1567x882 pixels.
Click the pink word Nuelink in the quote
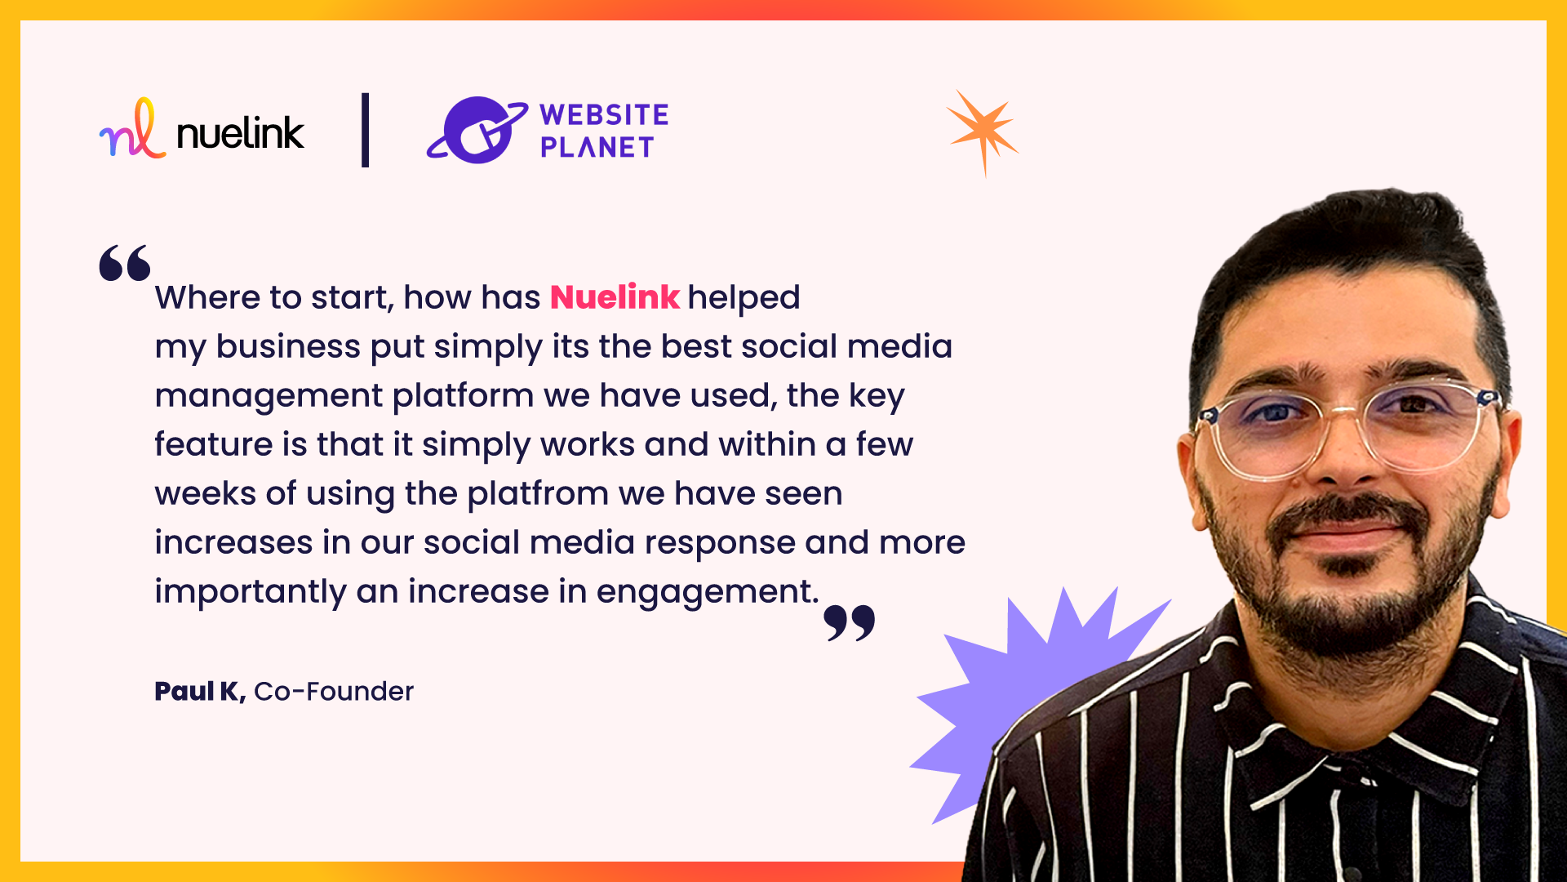tap(615, 297)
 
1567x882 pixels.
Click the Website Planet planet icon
tap(477, 131)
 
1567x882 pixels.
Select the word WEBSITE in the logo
tap(604, 115)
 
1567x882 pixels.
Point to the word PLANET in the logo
tap(597, 148)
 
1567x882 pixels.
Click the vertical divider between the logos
tap(365, 130)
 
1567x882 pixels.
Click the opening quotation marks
tap(125, 263)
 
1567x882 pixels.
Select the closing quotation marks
tap(850, 622)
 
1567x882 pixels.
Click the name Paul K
tap(199, 692)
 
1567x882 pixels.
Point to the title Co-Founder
tap(334, 692)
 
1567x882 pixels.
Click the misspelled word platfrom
tap(538, 494)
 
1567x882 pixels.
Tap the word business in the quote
tap(288, 347)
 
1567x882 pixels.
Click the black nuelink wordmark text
tap(240, 133)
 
